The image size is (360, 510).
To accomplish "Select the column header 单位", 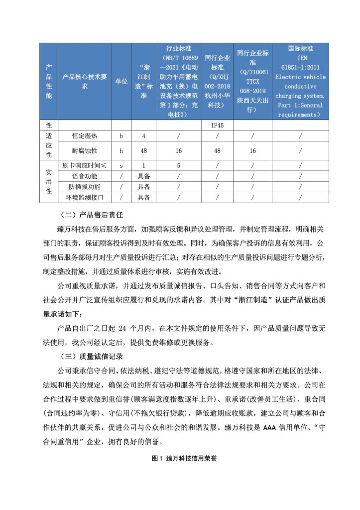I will (121, 82).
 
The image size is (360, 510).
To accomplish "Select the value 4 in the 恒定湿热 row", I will (143, 136).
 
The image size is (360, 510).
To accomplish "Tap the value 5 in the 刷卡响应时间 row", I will (179, 165).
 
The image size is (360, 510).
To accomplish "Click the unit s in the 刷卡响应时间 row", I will (121, 165).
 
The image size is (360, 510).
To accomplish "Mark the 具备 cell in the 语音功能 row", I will (143, 176).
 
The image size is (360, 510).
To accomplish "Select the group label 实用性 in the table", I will (49, 181).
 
